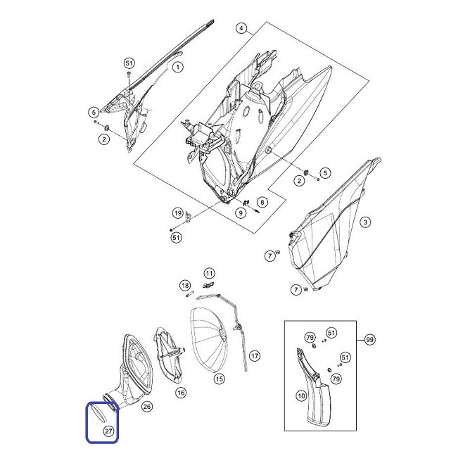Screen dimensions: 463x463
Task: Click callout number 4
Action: pos(241,28)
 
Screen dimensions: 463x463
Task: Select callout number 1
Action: pos(177,67)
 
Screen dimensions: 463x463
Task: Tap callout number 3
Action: pos(365,222)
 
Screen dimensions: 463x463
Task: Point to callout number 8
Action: pos(262,202)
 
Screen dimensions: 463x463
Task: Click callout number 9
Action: pos(241,213)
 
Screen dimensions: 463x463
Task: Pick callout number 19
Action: pos(177,213)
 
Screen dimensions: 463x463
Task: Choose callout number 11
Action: pos(209,273)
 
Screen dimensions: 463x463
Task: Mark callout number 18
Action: pos(185,286)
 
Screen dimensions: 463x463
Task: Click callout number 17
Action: pos(255,356)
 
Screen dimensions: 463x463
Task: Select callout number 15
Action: pos(219,379)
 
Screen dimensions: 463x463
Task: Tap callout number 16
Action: pos(181,393)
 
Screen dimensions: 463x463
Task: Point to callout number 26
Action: pos(147,407)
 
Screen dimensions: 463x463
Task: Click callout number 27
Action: pos(108,431)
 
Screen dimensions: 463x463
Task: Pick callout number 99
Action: pos(369,340)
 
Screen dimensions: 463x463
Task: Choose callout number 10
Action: pos(301,395)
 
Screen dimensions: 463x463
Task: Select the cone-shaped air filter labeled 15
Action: pos(208,340)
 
